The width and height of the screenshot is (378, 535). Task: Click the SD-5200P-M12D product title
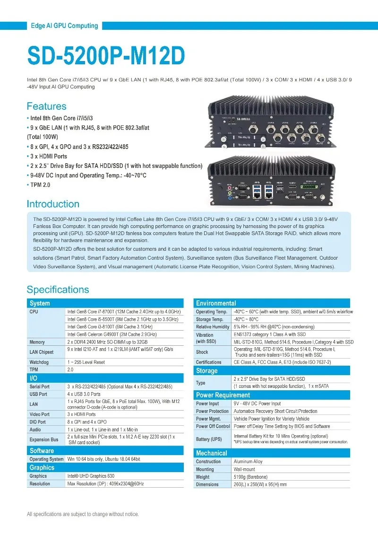(x=106, y=55)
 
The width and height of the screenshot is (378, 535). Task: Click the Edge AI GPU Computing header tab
(x=64, y=26)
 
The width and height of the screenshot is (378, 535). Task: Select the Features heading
(x=46, y=106)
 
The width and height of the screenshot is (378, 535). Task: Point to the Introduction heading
(x=53, y=204)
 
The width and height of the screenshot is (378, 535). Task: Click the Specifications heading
(x=58, y=289)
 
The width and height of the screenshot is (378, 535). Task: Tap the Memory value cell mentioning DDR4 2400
(x=107, y=342)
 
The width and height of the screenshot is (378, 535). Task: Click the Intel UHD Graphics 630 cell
(x=91, y=476)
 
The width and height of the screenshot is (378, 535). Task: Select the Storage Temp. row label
(x=209, y=319)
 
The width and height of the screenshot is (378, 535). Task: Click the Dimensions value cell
(x=260, y=484)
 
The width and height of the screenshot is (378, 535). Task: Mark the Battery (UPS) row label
(x=209, y=439)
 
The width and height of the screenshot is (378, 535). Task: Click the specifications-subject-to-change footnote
(x=83, y=514)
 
